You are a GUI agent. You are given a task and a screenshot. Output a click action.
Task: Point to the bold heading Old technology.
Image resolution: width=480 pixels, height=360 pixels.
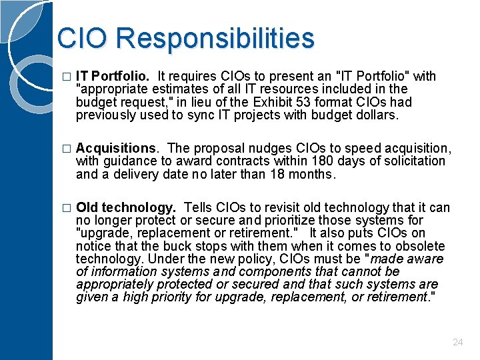[x=127, y=207]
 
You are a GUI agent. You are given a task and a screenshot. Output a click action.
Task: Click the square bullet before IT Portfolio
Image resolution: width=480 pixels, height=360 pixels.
[x=65, y=77]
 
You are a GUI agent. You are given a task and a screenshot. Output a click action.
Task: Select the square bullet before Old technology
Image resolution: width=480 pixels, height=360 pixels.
[x=65, y=207]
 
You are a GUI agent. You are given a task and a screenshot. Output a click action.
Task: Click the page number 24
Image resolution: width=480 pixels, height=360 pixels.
[x=457, y=342]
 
